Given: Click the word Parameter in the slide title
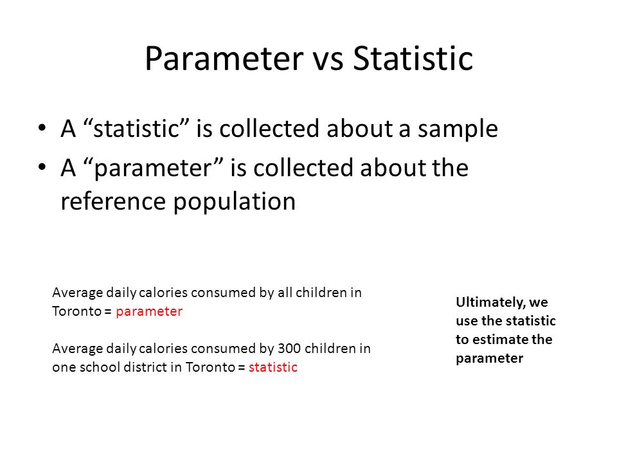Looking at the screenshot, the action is pyautogui.click(x=224, y=59).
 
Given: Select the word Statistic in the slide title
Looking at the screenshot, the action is pyautogui.click(x=413, y=59).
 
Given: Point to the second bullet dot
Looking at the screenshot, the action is pyautogui.click(x=42, y=167).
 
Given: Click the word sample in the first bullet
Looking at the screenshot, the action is pyautogui.click(x=458, y=130).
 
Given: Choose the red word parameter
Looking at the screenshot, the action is pyautogui.click(x=149, y=312).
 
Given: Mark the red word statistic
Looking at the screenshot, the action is pyautogui.click(x=273, y=367).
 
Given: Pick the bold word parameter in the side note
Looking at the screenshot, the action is pyautogui.click(x=490, y=359).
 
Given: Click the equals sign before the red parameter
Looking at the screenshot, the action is pyautogui.click(x=108, y=311).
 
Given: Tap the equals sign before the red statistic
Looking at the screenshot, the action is pyautogui.click(x=242, y=367).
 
